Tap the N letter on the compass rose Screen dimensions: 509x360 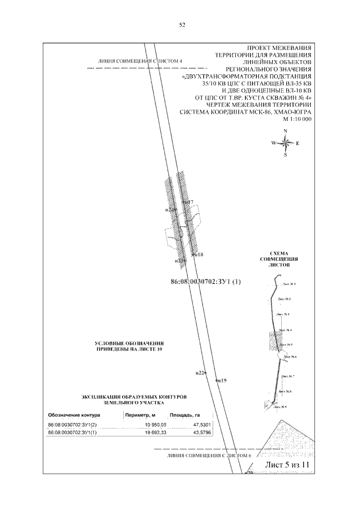[x=286, y=131]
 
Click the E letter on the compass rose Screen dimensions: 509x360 [x=298, y=143]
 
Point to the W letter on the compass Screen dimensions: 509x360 [x=274, y=143]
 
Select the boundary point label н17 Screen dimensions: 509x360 [x=188, y=202]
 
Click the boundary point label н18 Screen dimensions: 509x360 [x=198, y=255]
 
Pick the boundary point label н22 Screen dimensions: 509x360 [x=201, y=372]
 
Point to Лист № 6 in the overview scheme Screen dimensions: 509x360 [x=290, y=357]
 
